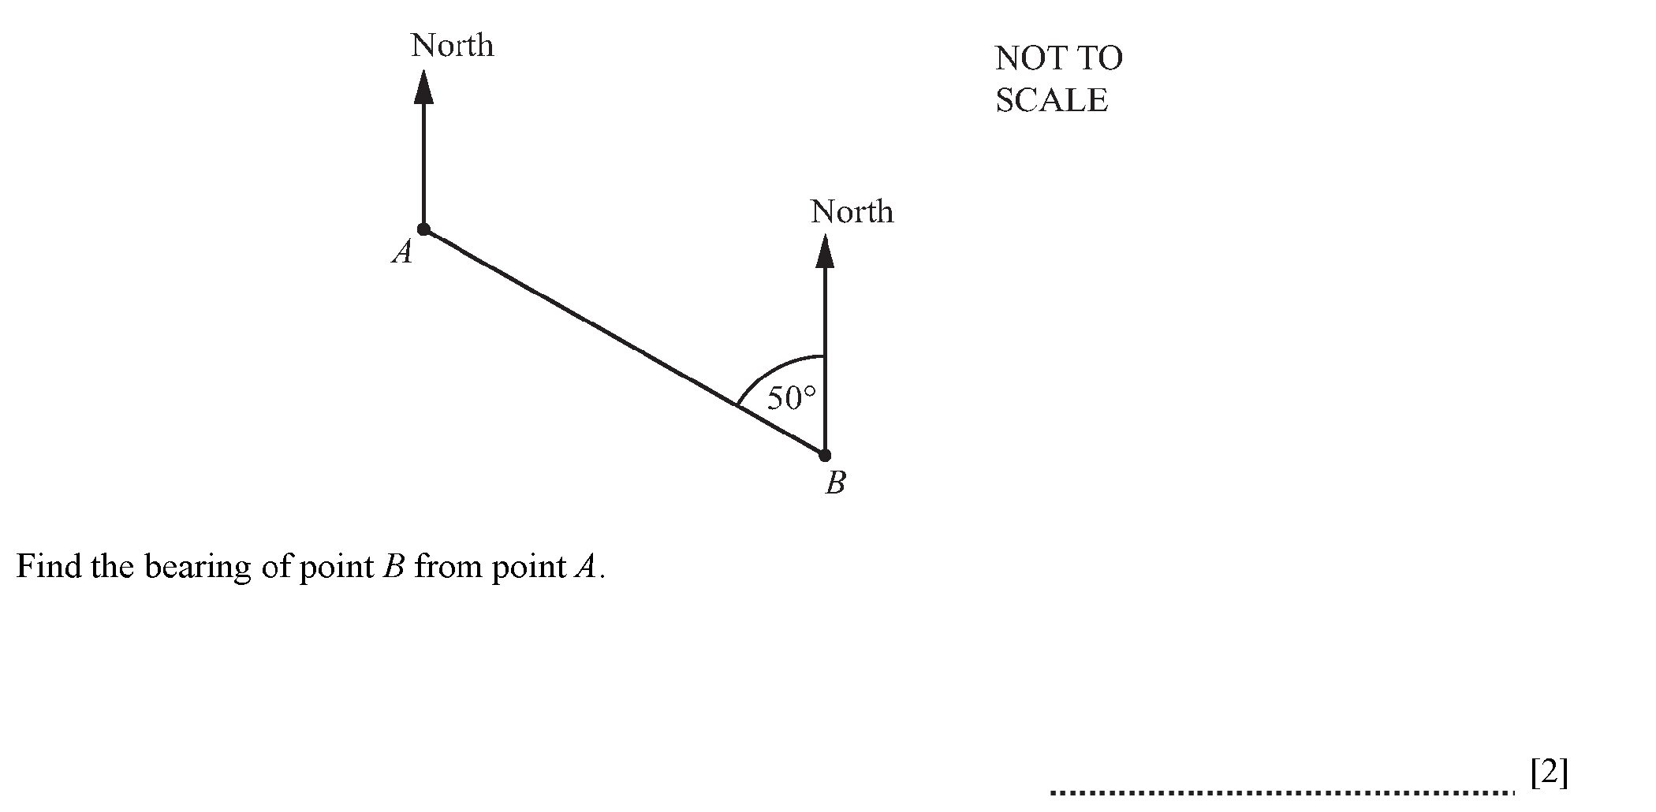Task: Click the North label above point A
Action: pyautogui.click(x=452, y=46)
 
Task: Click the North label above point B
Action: pyautogui.click(x=852, y=212)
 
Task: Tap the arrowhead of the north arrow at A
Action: pyautogui.click(x=424, y=87)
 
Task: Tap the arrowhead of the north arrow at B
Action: pyautogui.click(x=825, y=251)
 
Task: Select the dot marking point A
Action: pyautogui.click(x=424, y=229)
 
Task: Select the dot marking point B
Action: pyautogui.click(x=825, y=456)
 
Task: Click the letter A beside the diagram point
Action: pyautogui.click(x=402, y=253)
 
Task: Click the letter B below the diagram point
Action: pyautogui.click(x=835, y=482)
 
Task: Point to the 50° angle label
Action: pyautogui.click(x=790, y=399)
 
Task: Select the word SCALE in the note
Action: pyautogui.click(x=1051, y=100)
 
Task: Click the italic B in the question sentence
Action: pyautogui.click(x=393, y=567)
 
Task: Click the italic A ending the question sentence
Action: pyautogui.click(x=584, y=567)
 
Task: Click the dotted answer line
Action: pyautogui.click(x=1281, y=792)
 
